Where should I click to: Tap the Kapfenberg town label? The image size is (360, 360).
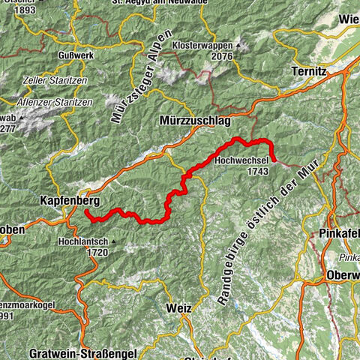64,202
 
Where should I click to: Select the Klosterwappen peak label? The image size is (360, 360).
201,45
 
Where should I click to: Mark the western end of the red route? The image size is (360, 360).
86,212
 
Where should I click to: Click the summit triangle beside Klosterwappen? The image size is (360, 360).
239,46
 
